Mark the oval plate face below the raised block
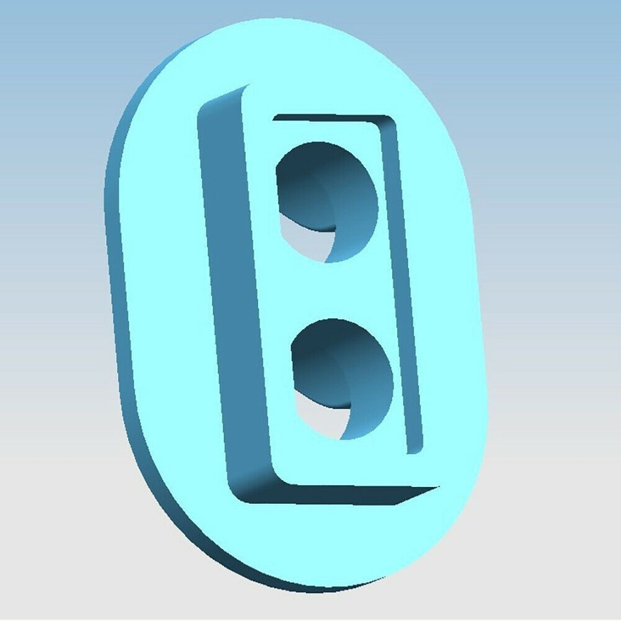point(336,543)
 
